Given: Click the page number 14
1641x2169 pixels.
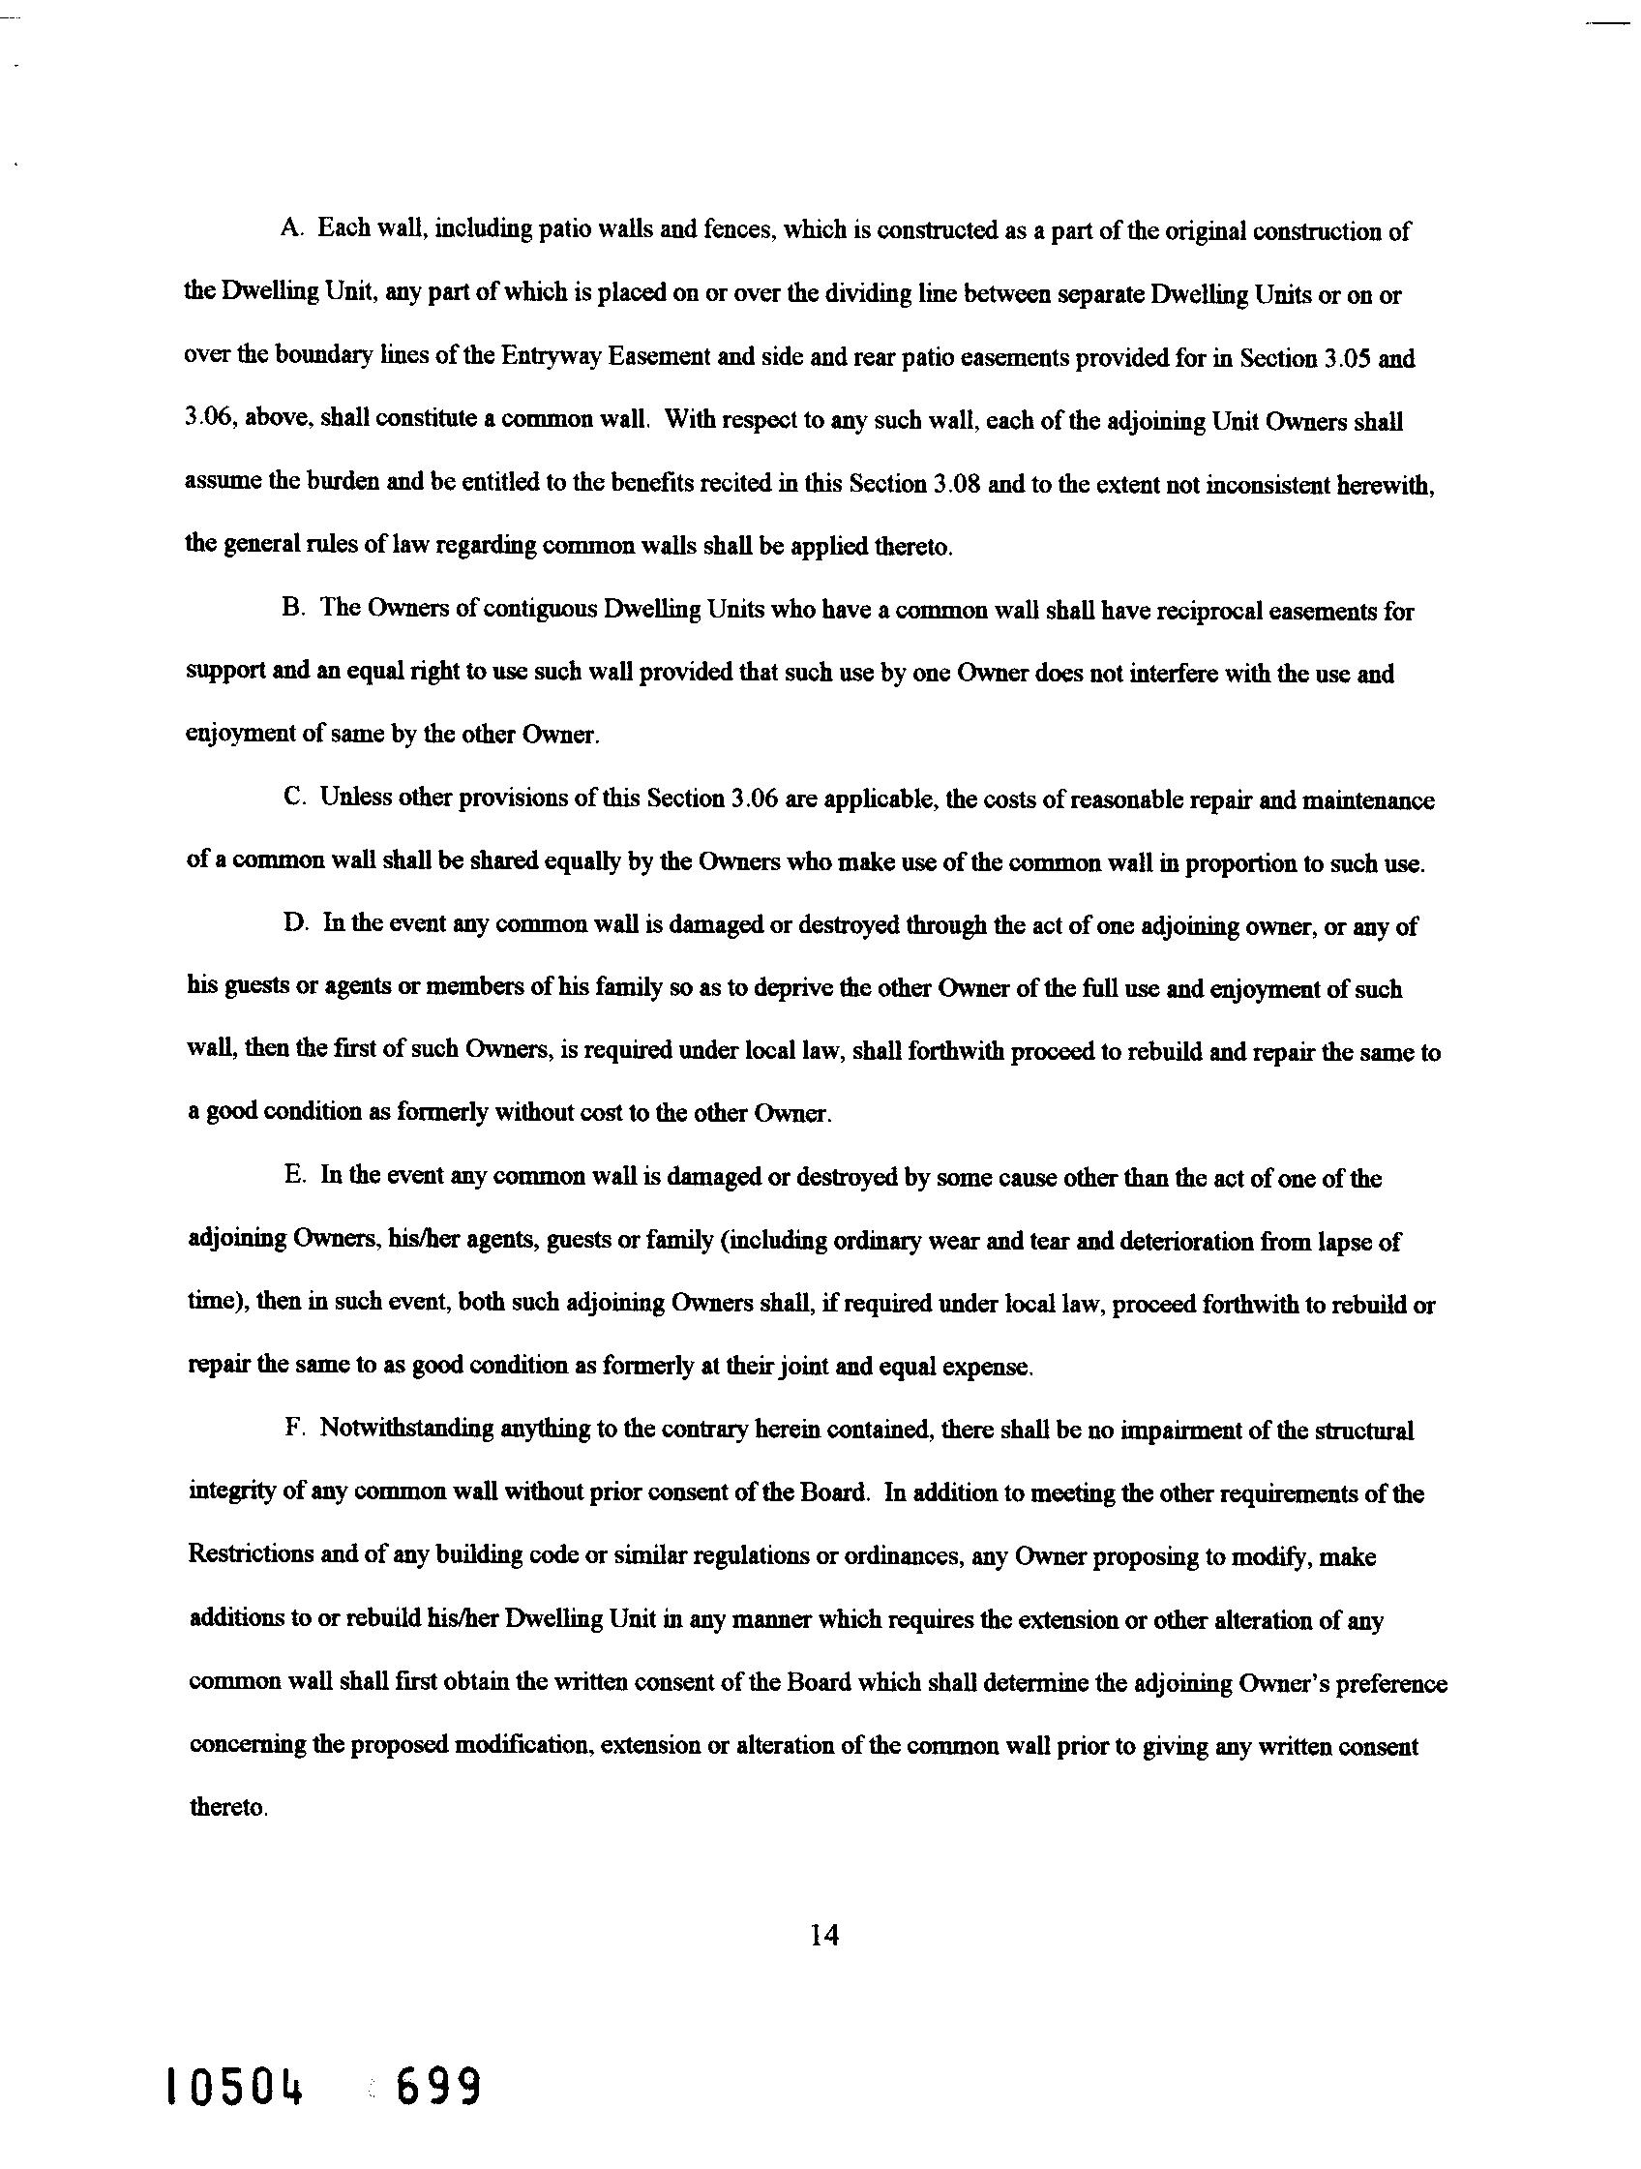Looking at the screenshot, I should coord(824,1934).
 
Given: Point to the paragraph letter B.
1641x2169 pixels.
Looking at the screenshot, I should coord(291,609).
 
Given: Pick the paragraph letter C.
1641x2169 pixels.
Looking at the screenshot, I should coord(293,798).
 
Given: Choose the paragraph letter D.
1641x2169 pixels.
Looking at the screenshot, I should coord(294,924).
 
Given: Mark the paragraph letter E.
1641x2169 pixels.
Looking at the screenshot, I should coord(294,1177).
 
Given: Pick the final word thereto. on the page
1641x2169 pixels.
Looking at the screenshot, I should coord(227,1807).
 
